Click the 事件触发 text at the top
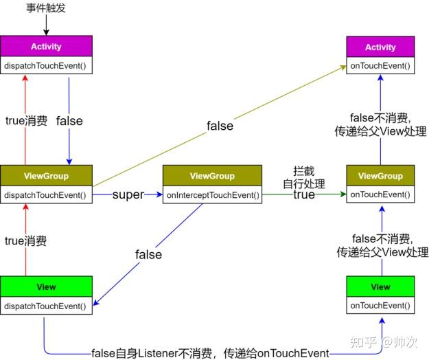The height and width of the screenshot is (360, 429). (x=46, y=8)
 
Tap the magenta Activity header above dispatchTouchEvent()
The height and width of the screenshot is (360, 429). (x=46, y=47)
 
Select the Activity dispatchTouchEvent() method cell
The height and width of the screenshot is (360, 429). (x=46, y=66)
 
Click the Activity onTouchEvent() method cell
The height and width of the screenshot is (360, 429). (x=380, y=66)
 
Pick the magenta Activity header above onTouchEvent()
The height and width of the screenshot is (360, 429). (x=380, y=47)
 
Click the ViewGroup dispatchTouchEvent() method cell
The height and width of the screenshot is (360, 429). (x=46, y=194)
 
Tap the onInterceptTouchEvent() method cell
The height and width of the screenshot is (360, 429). (x=213, y=194)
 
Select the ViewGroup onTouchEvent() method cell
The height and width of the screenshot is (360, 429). (x=380, y=194)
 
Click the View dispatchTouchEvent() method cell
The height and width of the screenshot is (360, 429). (x=46, y=305)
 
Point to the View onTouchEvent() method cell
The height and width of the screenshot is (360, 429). (x=380, y=306)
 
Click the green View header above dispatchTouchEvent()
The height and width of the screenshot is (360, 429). (x=46, y=286)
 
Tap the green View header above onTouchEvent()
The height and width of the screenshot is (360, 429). (x=380, y=286)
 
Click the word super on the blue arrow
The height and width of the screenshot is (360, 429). (x=128, y=194)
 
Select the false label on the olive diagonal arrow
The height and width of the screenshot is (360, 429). (x=220, y=126)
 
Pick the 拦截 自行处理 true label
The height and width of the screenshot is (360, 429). (x=303, y=183)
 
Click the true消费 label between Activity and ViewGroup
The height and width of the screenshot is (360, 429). (x=26, y=121)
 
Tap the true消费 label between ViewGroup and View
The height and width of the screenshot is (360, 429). (x=26, y=240)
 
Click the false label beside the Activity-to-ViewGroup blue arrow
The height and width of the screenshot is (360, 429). (x=69, y=121)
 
